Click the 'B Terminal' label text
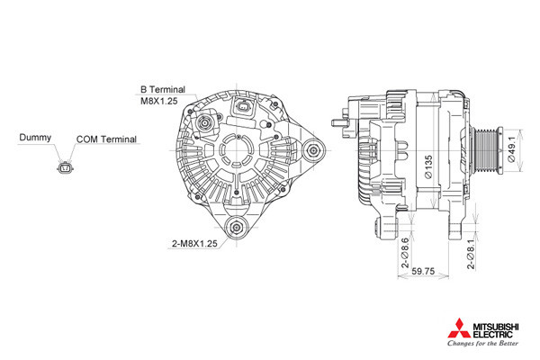(x=163, y=90)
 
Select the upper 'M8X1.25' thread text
(x=159, y=101)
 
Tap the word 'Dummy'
(x=35, y=138)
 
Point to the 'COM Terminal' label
(x=106, y=139)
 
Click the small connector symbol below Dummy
(x=65, y=168)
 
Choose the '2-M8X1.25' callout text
(x=194, y=243)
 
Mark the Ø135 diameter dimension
(x=428, y=167)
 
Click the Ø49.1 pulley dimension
(x=512, y=149)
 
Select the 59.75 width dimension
(x=423, y=271)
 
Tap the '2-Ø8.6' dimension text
(x=405, y=253)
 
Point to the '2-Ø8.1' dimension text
(x=471, y=254)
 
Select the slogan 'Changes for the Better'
(x=482, y=343)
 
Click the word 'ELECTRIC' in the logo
(x=493, y=335)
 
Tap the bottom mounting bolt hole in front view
(x=237, y=227)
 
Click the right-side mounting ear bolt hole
(x=313, y=150)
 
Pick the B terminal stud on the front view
(x=205, y=122)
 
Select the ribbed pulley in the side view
(x=486, y=150)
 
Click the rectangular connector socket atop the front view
(x=244, y=107)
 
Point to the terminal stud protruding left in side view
(x=341, y=122)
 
